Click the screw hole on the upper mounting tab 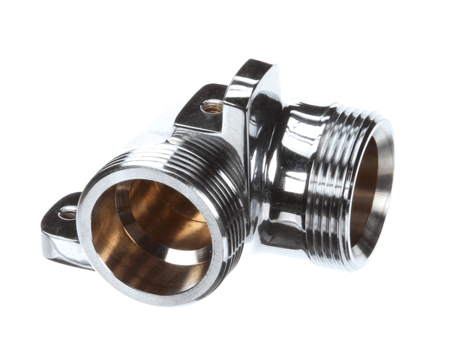pos(212,107)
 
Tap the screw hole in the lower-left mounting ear pos(67,213)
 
